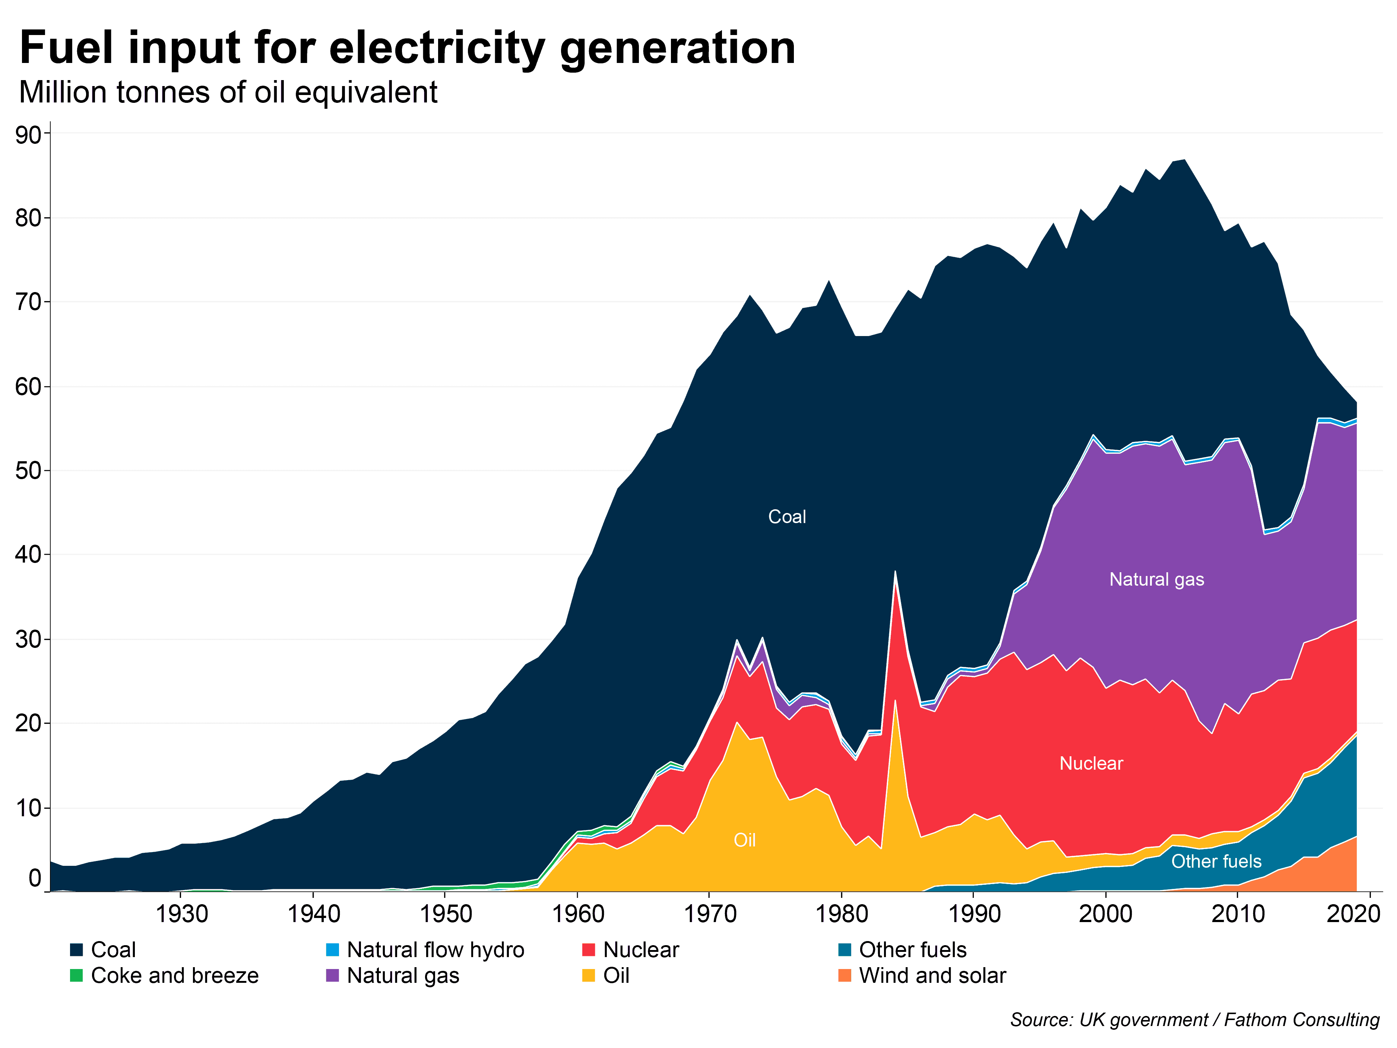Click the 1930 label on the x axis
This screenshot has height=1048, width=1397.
coord(181,914)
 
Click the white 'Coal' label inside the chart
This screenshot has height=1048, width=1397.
coord(787,517)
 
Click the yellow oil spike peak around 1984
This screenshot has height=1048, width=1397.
coord(895,703)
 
